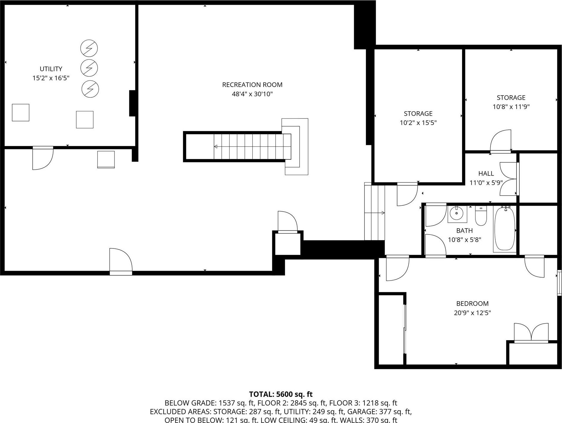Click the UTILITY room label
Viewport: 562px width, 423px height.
51,69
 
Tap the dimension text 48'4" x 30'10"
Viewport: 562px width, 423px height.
252,94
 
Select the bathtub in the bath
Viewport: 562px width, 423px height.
504,229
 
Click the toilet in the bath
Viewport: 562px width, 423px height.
481,216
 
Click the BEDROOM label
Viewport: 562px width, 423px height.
472,303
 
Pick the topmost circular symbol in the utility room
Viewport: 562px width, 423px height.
89,48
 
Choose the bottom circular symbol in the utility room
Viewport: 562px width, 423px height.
90,89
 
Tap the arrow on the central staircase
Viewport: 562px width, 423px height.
216,146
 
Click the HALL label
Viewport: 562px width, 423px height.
486,173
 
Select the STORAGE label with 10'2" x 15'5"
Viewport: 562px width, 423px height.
418,113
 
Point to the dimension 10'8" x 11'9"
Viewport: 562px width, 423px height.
511,107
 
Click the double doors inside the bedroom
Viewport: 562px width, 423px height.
531,332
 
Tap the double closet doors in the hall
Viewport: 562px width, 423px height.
508,179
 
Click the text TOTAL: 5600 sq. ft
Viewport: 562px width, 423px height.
281,394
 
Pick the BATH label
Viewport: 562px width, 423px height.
464,230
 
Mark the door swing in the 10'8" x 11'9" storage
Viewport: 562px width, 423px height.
501,141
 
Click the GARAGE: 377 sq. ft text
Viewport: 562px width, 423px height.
379,412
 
